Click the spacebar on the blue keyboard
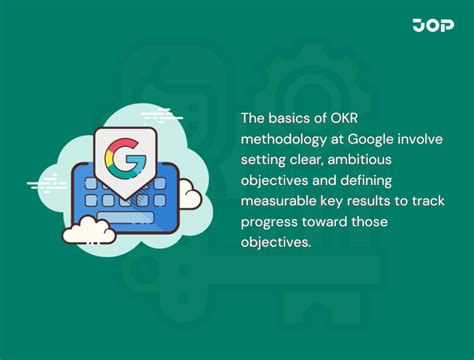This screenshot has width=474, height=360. (129, 213)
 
